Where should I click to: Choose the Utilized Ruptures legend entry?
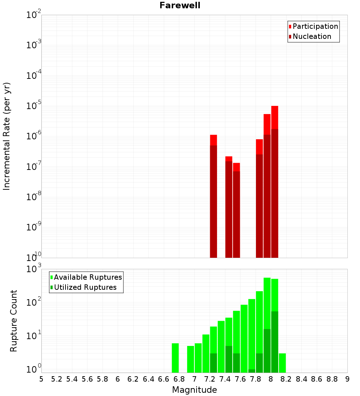coord(85,287)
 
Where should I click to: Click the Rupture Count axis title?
coord(14,321)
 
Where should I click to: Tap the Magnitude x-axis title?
coord(194,390)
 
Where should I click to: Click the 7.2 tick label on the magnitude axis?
coord(210,379)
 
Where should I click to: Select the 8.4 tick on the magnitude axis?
coord(301,379)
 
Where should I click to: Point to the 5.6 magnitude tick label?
coord(87,379)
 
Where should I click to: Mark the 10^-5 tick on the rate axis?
coord(34,106)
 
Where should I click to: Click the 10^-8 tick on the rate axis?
coord(34,197)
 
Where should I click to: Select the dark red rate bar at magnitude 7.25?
coord(213,202)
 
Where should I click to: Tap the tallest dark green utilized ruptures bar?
coord(275,342)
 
